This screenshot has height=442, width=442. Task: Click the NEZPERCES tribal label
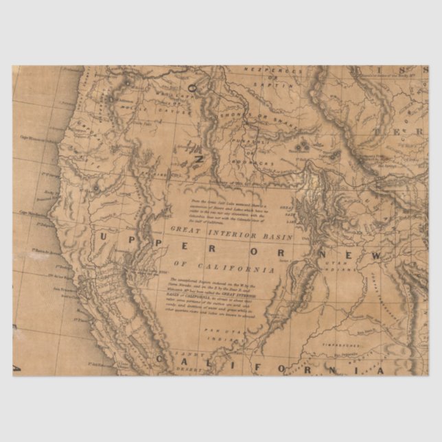click(281, 71)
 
